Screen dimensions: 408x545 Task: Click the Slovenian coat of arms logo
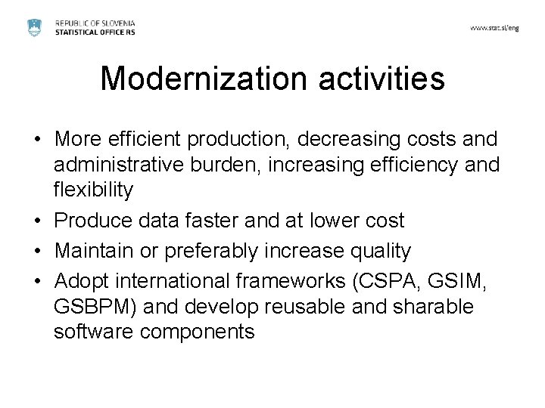point(34,26)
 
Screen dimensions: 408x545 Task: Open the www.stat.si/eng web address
point(495,27)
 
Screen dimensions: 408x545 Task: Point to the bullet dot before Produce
point(37,221)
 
